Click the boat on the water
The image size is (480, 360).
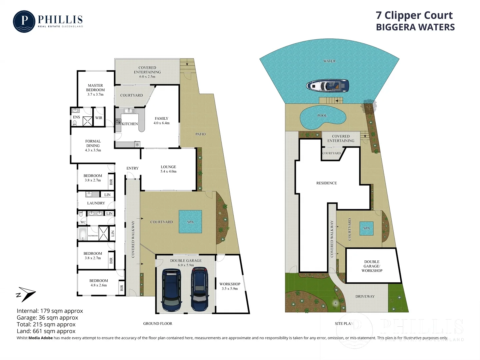(x=327, y=86)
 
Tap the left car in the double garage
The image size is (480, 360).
(x=172, y=290)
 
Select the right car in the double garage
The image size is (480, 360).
(x=199, y=289)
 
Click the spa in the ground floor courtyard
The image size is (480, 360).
(x=190, y=221)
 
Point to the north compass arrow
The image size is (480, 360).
(x=26, y=294)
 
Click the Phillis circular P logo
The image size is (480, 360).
(x=24, y=21)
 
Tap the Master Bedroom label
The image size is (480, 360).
(x=95, y=90)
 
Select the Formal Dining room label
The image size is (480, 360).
(x=93, y=146)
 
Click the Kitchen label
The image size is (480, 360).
(x=130, y=124)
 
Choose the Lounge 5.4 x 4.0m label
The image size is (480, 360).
(x=168, y=169)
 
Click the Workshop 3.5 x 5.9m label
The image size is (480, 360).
(x=230, y=286)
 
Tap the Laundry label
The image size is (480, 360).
(x=96, y=203)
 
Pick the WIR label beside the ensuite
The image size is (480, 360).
(x=99, y=118)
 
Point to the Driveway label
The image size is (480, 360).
(x=365, y=296)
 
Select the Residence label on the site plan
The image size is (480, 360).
(x=326, y=183)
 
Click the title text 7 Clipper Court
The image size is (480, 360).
(x=414, y=15)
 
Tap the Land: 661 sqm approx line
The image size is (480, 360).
(x=46, y=331)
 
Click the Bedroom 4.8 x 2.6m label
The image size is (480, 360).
(x=99, y=283)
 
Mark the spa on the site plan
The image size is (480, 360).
(x=366, y=228)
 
